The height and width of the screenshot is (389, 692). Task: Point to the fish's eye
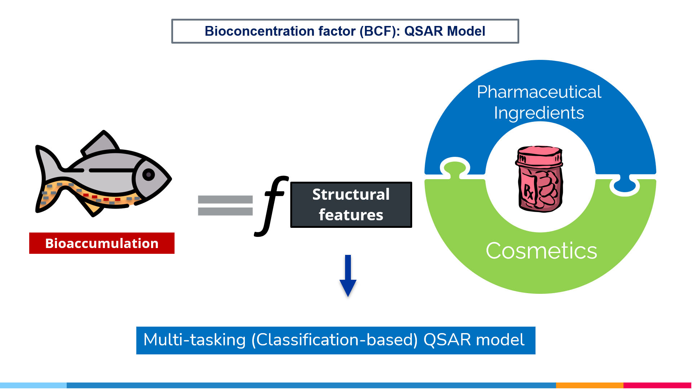pyautogui.click(x=149, y=175)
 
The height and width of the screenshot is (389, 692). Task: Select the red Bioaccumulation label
pyautogui.click(x=102, y=243)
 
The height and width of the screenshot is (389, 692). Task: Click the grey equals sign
pyautogui.click(x=225, y=205)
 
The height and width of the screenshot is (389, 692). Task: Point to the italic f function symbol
pyautogui.click(x=272, y=205)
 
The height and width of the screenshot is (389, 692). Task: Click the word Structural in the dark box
pyautogui.click(x=351, y=194)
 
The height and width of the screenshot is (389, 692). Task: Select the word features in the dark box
pyautogui.click(x=351, y=215)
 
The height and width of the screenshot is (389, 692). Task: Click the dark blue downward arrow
pyautogui.click(x=348, y=276)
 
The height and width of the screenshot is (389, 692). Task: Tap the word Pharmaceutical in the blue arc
pyautogui.click(x=539, y=92)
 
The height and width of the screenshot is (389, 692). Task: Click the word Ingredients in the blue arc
pyautogui.click(x=539, y=113)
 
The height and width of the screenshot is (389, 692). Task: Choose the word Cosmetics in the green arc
pyautogui.click(x=541, y=251)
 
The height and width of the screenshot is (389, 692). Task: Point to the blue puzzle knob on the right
pyautogui.click(x=625, y=185)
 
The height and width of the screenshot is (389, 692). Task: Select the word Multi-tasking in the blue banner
pyautogui.click(x=194, y=340)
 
